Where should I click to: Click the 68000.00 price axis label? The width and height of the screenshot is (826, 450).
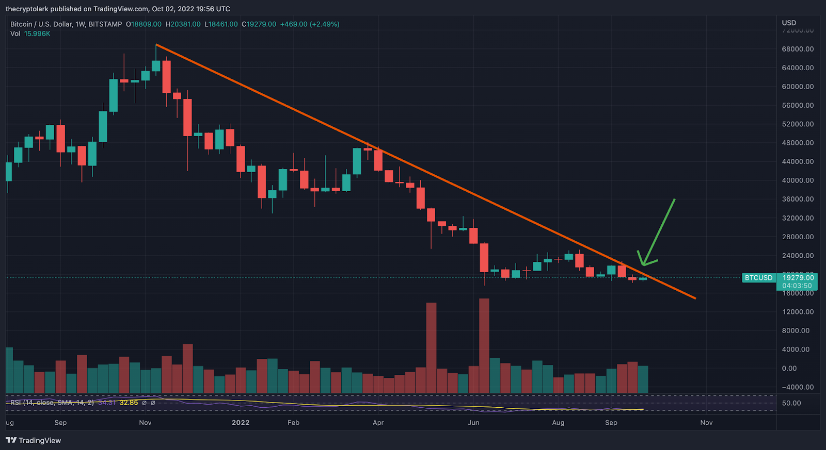pyautogui.click(x=797, y=49)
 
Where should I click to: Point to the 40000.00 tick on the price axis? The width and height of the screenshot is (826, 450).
pyautogui.click(x=797, y=180)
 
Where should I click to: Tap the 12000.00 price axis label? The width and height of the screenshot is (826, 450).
pyautogui.click(x=797, y=312)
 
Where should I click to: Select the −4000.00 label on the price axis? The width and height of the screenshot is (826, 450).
pyautogui.click(x=797, y=387)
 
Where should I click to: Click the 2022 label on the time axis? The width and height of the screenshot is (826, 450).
pyautogui.click(x=241, y=423)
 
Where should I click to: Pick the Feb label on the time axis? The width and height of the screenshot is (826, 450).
pyautogui.click(x=293, y=423)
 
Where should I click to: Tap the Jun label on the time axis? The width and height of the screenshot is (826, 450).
pyautogui.click(x=473, y=423)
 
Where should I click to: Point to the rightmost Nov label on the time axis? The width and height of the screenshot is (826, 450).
pyautogui.click(x=706, y=423)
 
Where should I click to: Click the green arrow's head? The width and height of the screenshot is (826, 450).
pyautogui.click(x=643, y=264)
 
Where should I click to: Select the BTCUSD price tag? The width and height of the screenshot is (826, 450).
pyautogui.click(x=758, y=278)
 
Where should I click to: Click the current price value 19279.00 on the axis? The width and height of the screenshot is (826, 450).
pyautogui.click(x=798, y=278)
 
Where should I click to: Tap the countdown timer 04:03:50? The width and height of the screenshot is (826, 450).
pyautogui.click(x=797, y=286)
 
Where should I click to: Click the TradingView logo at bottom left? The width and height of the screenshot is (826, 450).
pyautogui.click(x=34, y=440)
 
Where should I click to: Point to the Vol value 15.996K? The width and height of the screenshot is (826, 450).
pyautogui.click(x=37, y=34)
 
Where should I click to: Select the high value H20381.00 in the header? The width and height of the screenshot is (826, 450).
pyautogui.click(x=183, y=24)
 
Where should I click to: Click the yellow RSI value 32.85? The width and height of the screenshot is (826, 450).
pyautogui.click(x=129, y=403)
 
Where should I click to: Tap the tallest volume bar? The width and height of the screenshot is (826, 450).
pyautogui.click(x=484, y=345)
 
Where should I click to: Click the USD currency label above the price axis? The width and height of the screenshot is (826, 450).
pyautogui.click(x=789, y=23)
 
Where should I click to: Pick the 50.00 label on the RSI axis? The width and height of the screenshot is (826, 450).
pyautogui.click(x=791, y=403)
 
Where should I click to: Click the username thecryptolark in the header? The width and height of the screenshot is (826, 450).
pyautogui.click(x=27, y=9)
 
